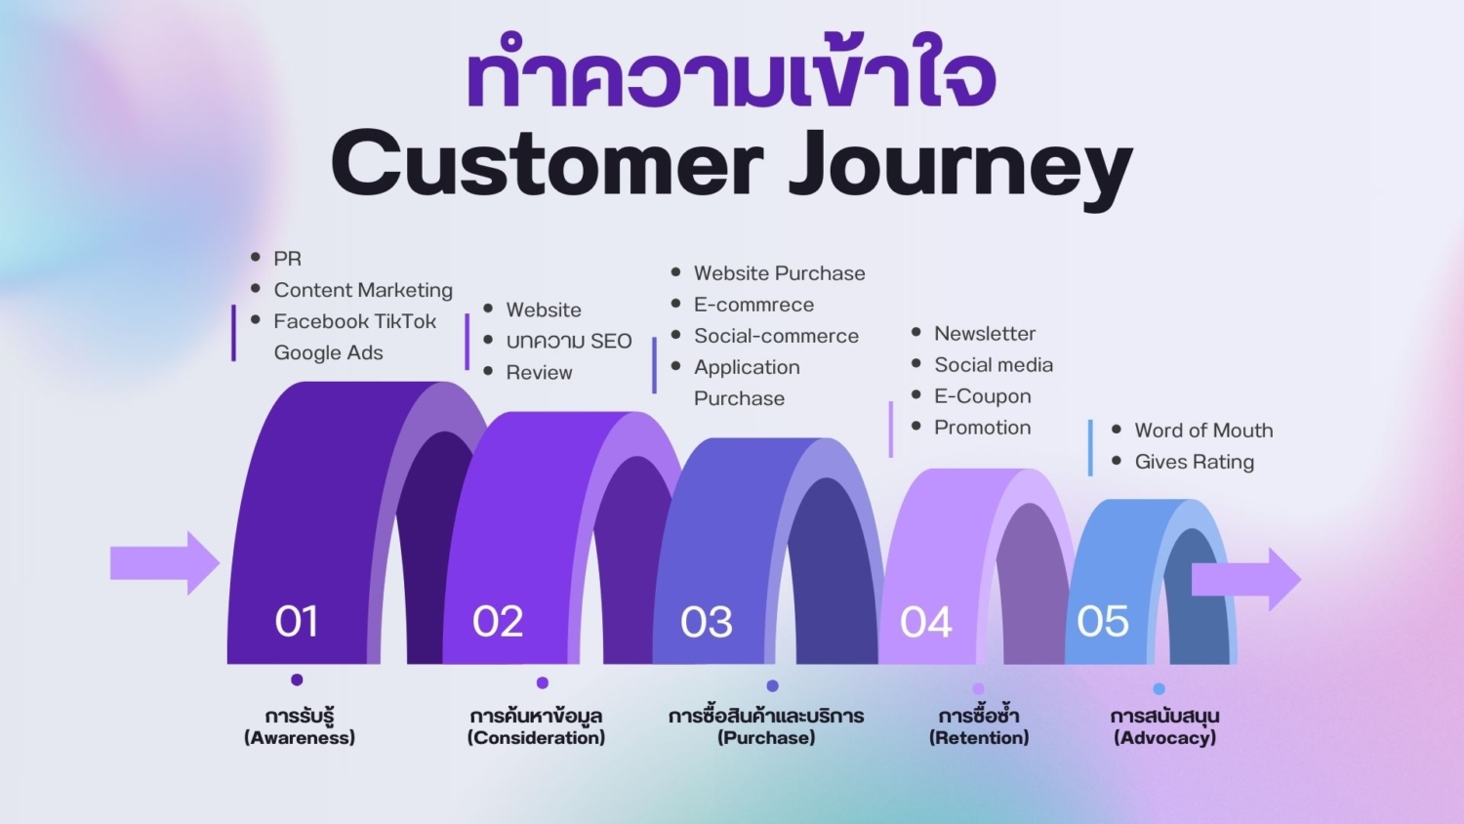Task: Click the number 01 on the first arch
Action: (x=296, y=622)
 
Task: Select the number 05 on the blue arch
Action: (x=1102, y=622)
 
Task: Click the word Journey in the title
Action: (x=960, y=166)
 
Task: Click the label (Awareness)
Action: (x=300, y=738)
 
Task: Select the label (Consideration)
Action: (x=536, y=738)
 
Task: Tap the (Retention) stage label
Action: (x=979, y=738)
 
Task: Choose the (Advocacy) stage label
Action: (x=1164, y=738)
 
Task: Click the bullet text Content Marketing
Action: (x=363, y=290)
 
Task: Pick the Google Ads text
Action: (x=328, y=352)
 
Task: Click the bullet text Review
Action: (x=539, y=373)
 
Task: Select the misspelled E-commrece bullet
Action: (x=753, y=305)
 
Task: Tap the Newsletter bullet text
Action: (x=984, y=334)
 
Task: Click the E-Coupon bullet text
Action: (x=982, y=396)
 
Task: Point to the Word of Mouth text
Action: (x=1203, y=431)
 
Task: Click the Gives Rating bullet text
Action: (x=1194, y=462)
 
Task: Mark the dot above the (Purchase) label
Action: (x=772, y=685)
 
